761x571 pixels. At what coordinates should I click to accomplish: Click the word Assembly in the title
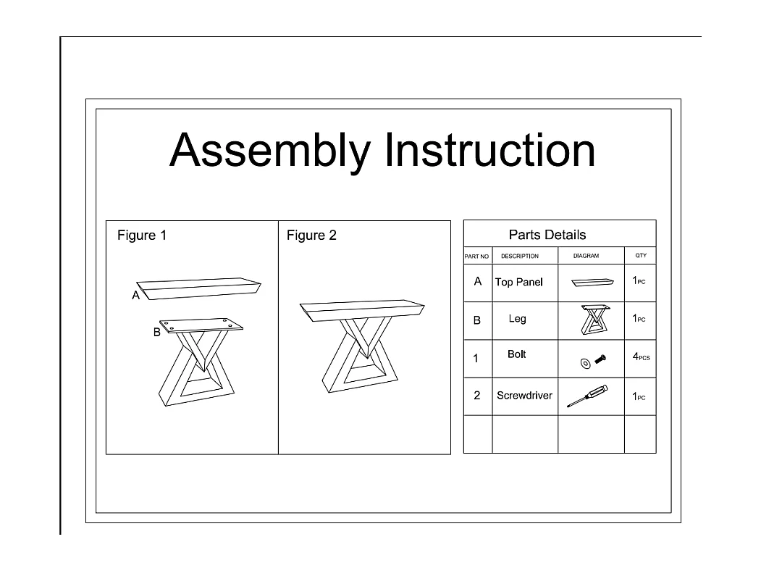coord(270,151)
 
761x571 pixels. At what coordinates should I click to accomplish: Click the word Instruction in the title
coord(490,150)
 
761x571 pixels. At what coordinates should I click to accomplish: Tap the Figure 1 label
coord(142,236)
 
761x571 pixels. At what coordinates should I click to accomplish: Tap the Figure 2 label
coord(311,236)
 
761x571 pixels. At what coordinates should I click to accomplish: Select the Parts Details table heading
coord(547,235)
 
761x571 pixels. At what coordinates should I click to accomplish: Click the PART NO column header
coord(476,257)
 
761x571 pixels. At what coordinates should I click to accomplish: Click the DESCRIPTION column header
coord(520,256)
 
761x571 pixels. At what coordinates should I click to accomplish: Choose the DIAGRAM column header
coord(586,256)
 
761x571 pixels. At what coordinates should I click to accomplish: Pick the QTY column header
coord(641,255)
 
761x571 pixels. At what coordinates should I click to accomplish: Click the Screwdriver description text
coord(525,396)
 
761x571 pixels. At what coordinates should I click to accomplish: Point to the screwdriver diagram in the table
coord(588,396)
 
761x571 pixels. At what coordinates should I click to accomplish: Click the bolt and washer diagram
coord(593,362)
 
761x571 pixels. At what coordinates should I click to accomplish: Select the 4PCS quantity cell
coord(641,357)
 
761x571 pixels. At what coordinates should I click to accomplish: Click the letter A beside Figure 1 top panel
coord(136,295)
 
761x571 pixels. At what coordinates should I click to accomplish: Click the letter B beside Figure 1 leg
coord(157,332)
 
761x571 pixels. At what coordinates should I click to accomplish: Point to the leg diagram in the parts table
coord(595,320)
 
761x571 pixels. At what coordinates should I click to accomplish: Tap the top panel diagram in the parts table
coord(592,282)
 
